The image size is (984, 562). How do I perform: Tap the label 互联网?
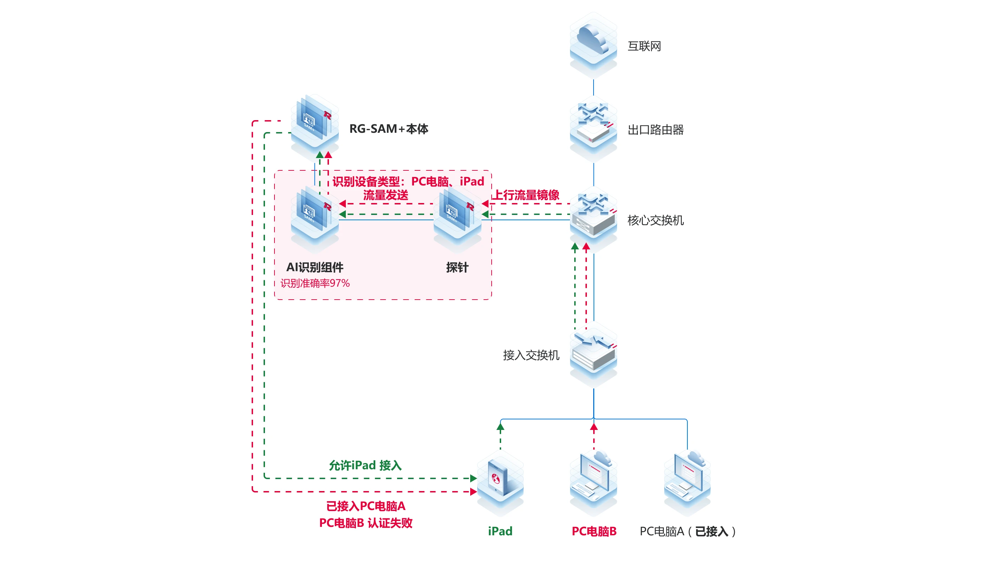[x=644, y=46]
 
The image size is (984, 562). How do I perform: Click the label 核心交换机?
[x=655, y=220]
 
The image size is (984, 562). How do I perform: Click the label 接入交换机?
[x=531, y=355]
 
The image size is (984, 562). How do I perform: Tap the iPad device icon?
[x=500, y=481]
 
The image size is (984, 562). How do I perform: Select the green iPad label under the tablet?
[x=500, y=531]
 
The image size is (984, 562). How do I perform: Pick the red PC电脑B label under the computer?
[x=594, y=531]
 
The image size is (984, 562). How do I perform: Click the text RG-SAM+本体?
[x=388, y=129]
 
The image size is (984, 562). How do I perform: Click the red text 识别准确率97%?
[x=315, y=283]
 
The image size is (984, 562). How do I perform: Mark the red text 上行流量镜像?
[x=526, y=195]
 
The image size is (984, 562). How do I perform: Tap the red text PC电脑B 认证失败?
[x=365, y=523]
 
